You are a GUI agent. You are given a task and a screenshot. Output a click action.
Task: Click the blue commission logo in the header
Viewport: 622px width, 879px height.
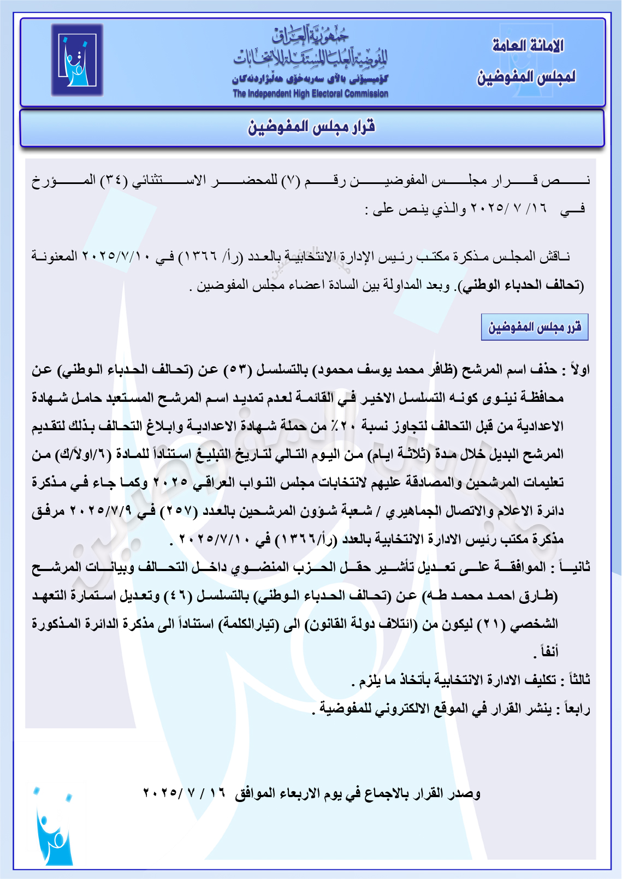(x=77, y=60)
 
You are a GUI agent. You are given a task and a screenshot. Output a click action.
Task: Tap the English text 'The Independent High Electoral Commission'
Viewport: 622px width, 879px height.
(x=310, y=93)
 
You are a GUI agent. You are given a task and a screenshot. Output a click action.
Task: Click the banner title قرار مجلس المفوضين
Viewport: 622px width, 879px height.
(x=312, y=128)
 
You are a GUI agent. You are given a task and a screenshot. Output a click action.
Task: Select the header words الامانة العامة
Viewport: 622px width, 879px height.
(x=528, y=46)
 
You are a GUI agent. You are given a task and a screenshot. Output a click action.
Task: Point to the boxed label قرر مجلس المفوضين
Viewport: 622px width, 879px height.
(x=534, y=327)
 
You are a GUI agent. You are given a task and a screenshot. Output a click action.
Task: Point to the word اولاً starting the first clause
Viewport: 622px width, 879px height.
(x=579, y=370)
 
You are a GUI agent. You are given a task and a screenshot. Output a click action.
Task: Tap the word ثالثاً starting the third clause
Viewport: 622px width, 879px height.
(x=579, y=680)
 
